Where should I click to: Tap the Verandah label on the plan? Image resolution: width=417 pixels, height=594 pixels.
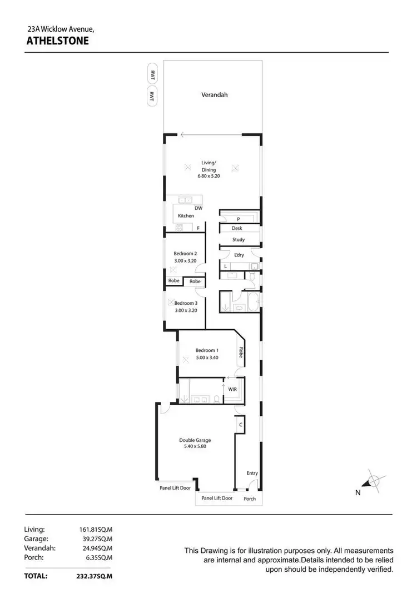[214, 95]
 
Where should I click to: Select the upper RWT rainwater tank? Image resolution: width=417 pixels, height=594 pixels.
[151, 74]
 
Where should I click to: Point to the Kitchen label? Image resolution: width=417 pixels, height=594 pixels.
[186, 215]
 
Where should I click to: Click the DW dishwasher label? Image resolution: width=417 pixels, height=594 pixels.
[198, 208]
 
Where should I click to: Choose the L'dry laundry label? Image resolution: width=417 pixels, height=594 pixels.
[239, 255]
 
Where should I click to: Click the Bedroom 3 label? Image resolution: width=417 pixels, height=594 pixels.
[186, 303]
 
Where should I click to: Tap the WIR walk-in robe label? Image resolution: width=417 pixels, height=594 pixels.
[232, 389]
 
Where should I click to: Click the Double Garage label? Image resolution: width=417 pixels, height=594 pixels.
[195, 440]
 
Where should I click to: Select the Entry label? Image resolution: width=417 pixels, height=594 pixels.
[252, 473]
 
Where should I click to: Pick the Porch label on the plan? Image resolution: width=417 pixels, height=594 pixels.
[250, 499]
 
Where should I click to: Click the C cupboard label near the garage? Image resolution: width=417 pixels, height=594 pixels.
[240, 425]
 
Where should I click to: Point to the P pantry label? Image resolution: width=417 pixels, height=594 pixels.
[238, 219]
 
